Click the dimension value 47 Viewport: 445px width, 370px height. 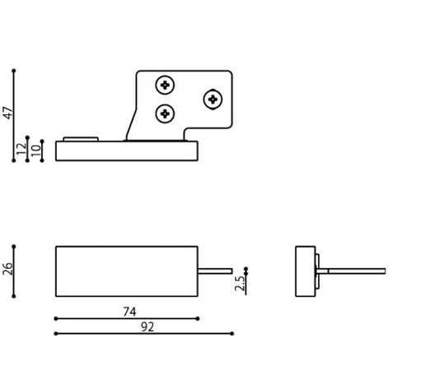point(8,113)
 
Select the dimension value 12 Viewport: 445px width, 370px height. point(21,149)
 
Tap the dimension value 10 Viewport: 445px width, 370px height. point(35,150)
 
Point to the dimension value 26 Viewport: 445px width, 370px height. point(7,269)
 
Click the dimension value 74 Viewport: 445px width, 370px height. point(129,312)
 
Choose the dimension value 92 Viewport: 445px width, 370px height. point(148,327)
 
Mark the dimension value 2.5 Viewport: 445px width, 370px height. point(240,283)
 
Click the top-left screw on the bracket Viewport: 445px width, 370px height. point(165,85)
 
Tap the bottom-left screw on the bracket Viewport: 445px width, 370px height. point(165,113)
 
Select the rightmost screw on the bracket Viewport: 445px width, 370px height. point(213,99)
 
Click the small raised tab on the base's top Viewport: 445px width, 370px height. point(81,139)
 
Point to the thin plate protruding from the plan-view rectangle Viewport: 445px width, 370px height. point(215,271)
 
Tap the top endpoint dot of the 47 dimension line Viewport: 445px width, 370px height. point(14,71)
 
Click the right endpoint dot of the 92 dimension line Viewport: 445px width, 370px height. point(232,334)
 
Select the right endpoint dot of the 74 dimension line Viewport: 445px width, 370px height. point(198,319)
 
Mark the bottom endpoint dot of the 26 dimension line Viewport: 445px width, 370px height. point(14,296)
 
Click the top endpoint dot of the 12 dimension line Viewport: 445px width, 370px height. point(27,137)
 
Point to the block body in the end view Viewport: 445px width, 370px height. point(306,271)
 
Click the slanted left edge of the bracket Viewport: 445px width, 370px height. point(131,124)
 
